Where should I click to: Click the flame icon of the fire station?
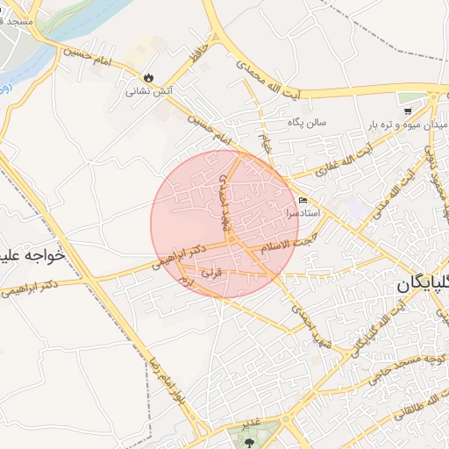[147, 76]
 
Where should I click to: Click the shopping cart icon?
[409, 111]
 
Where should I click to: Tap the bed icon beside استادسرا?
[303, 200]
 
